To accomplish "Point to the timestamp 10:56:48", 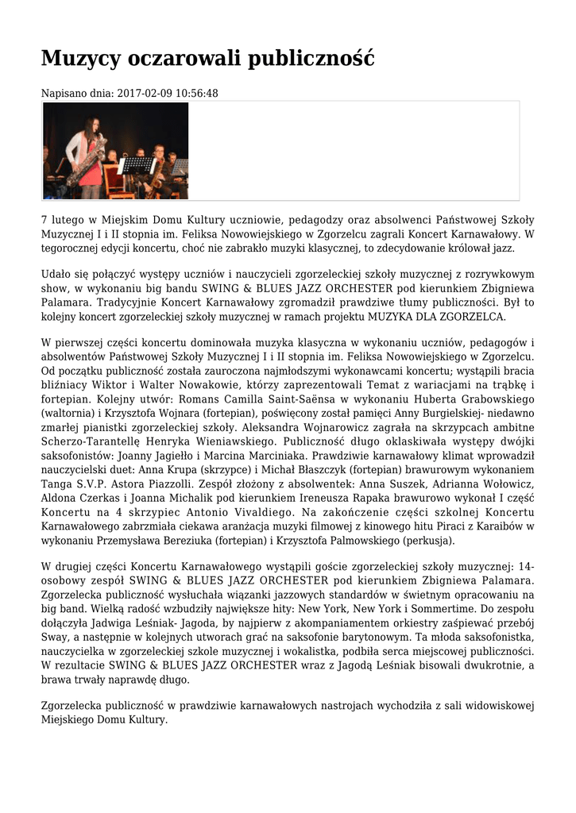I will pos(197,94).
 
